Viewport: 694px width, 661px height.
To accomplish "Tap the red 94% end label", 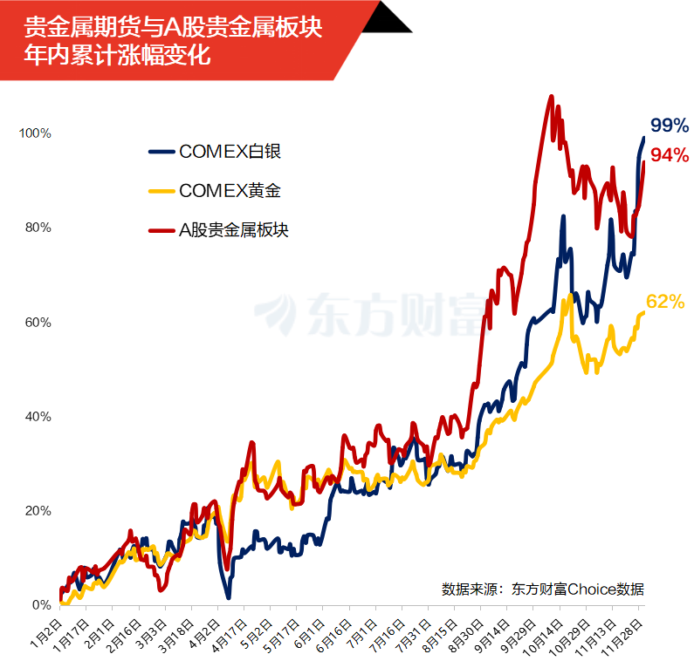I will (x=670, y=155).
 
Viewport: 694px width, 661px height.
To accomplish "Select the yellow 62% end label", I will (x=665, y=303).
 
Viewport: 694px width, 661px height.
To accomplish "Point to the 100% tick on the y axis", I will (x=37, y=133).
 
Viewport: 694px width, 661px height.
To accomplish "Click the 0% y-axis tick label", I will (x=42, y=604).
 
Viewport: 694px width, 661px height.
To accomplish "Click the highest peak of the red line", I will (x=551, y=97).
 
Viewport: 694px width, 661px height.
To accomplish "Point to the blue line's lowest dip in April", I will (x=228, y=597).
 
